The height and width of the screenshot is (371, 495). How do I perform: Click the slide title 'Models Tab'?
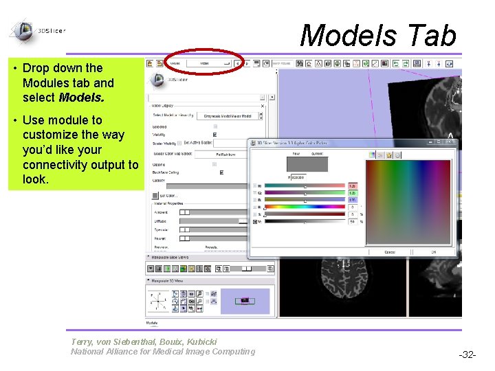377,36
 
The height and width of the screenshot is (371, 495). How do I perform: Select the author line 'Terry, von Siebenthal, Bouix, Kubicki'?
144,341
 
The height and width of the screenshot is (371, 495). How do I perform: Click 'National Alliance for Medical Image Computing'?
163,352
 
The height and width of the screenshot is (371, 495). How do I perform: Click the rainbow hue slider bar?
305,207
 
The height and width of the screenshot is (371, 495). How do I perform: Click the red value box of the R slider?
352,186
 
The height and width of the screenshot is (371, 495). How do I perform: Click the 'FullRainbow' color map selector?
225,155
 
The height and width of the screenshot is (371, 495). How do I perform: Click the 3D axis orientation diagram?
159,300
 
